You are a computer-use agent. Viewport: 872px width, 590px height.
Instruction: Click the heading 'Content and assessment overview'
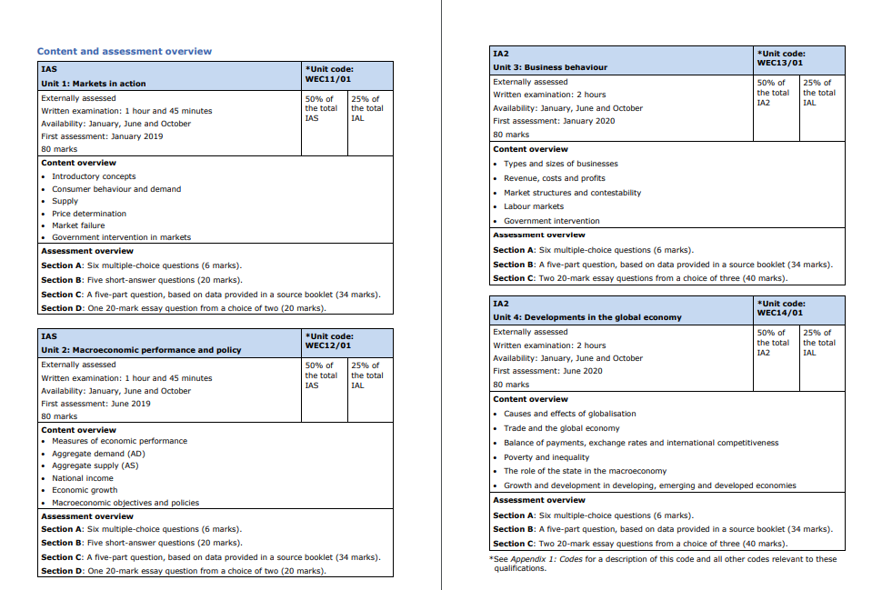click(124, 52)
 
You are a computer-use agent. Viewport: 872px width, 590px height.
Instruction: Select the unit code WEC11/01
click(327, 79)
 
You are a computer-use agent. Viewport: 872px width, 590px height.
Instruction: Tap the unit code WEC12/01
click(327, 345)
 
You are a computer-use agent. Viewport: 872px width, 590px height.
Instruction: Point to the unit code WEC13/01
click(779, 63)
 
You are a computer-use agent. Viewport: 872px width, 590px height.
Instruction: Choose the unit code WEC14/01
click(779, 313)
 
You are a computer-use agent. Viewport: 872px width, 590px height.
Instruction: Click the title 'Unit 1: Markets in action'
click(93, 84)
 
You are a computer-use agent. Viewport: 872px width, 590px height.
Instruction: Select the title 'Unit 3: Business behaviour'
click(549, 67)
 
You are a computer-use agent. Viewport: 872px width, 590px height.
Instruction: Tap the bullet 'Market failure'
click(78, 225)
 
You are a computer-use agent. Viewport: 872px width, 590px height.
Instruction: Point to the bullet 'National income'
click(83, 477)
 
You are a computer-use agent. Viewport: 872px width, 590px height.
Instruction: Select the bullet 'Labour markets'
click(534, 206)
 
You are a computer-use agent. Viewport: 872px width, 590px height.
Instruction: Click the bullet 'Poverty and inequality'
click(546, 457)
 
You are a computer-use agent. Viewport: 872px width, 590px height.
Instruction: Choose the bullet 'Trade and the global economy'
click(561, 428)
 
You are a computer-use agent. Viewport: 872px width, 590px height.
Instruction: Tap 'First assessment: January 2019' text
click(102, 136)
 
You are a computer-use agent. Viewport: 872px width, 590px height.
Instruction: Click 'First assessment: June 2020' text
click(547, 371)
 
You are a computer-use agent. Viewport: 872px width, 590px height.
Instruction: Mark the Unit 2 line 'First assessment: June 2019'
click(95, 404)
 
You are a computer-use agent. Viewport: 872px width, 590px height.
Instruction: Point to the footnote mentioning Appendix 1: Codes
click(663, 564)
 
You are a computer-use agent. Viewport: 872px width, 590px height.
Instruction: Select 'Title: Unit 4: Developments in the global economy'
click(586, 317)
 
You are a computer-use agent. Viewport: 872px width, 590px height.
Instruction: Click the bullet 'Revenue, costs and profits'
click(554, 178)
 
